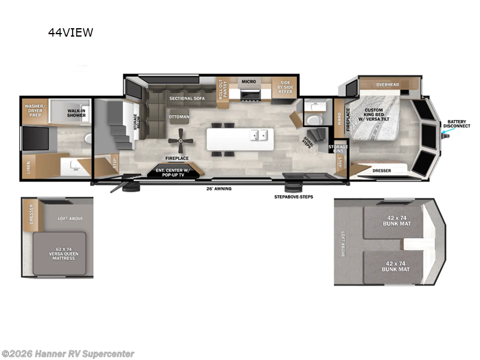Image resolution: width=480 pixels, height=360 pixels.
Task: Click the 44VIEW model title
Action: tap(71, 33)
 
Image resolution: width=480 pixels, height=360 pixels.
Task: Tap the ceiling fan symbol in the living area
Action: tap(180, 142)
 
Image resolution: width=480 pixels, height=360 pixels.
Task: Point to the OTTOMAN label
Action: tap(179, 116)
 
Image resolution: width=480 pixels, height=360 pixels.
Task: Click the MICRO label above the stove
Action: tap(248, 81)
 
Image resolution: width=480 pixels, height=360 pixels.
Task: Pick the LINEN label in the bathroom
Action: tap(29, 165)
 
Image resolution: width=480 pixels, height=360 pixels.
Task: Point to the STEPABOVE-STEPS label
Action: tap(294, 196)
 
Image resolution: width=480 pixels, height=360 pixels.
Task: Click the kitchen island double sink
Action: tap(259, 136)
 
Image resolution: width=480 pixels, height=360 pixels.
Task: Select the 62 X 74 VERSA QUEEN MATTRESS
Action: tap(59, 253)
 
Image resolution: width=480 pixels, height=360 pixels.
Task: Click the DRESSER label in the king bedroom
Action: tap(382, 170)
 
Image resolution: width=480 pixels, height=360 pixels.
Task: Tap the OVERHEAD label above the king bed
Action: tap(388, 85)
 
